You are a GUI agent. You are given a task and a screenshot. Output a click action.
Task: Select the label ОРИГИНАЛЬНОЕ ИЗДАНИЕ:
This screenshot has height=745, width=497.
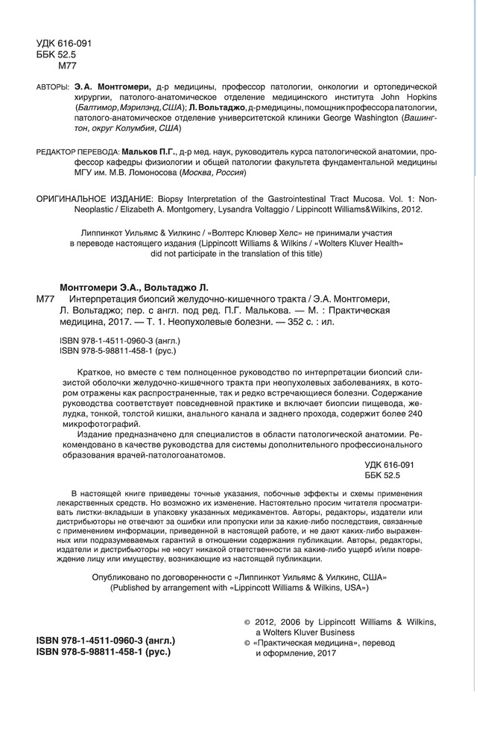point(93,199)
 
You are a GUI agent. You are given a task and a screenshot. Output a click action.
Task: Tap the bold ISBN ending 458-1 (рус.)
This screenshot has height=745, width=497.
point(104,650)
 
